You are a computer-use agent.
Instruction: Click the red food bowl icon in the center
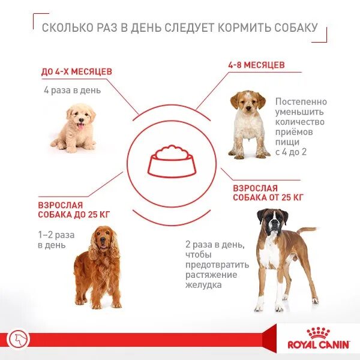171,161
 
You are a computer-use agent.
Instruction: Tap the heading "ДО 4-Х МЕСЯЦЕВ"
76,72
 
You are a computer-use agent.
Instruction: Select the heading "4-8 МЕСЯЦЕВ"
256,64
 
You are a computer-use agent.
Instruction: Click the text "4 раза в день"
72,91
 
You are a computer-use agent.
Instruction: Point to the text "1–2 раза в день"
53,240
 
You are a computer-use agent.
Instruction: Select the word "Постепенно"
300,101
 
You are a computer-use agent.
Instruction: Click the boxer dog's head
271,221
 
